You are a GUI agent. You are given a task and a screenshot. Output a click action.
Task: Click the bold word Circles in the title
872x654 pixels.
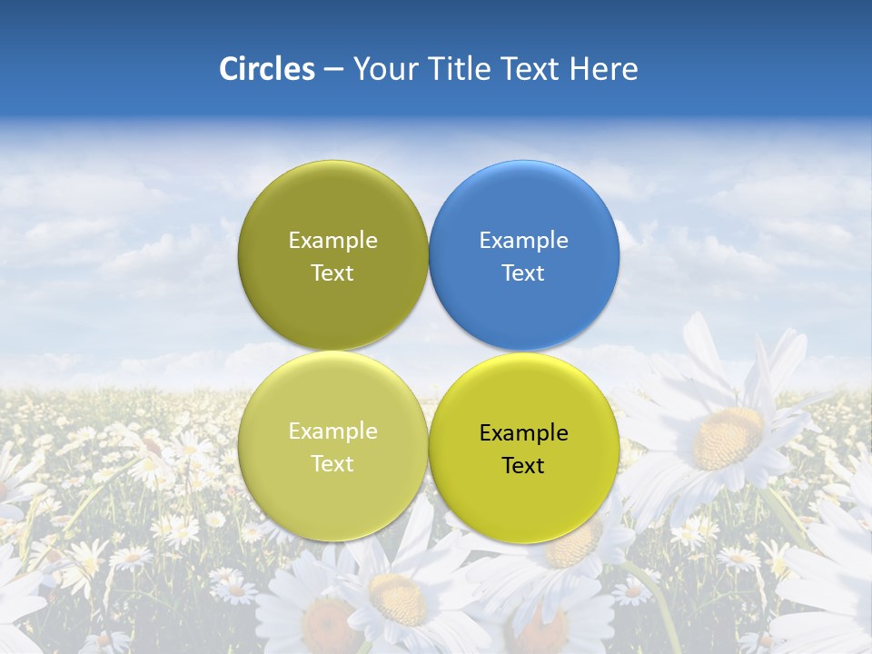pos(266,69)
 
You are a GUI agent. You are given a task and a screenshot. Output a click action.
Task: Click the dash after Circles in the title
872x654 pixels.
pos(332,70)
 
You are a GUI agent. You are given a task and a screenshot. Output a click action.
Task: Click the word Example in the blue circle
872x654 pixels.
pos(524,241)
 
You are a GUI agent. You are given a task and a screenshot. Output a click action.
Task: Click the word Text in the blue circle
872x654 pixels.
pos(524,273)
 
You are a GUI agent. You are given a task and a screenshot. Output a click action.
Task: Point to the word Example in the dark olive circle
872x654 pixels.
pos(332,241)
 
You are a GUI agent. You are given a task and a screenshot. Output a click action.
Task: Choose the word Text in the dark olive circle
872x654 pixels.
pos(332,273)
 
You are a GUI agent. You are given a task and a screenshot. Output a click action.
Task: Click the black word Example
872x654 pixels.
pos(524,433)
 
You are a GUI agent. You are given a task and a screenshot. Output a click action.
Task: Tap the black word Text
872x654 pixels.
pos(524,466)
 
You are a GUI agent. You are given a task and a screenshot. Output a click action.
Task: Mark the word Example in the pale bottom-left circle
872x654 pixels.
pos(332,431)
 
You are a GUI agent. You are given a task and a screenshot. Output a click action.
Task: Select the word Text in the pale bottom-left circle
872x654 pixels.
pos(332,464)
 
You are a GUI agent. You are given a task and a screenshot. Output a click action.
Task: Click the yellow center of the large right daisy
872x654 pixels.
pos(727,437)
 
